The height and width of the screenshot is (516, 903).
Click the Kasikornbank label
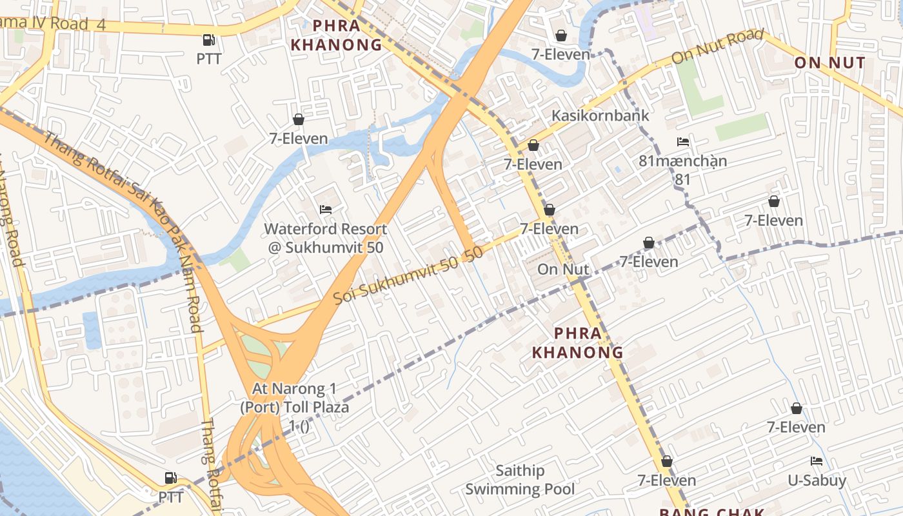click(600, 116)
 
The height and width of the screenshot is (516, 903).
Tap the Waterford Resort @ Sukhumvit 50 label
click(326, 238)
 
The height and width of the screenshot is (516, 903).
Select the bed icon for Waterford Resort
click(326, 210)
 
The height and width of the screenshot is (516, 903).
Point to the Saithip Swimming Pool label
click(520, 480)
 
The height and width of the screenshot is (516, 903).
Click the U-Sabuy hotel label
click(817, 481)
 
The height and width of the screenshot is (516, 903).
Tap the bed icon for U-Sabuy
click(817, 461)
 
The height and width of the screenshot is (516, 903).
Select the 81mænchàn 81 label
click(682, 170)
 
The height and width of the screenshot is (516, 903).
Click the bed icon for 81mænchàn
click(683, 142)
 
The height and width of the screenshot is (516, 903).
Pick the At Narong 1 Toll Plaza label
click(294, 407)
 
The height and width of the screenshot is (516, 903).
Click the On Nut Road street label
click(717, 46)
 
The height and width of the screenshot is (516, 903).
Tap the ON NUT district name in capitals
click(829, 63)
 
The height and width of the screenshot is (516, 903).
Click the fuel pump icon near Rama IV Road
click(208, 40)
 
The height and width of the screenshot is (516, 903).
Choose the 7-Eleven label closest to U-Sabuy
click(796, 427)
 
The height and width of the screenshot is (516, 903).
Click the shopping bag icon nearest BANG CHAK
click(667, 462)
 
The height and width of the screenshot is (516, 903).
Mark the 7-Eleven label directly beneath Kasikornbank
click(533, 164)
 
